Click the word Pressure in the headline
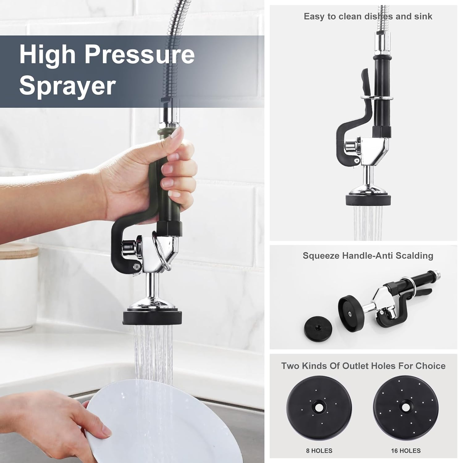pyautogui.click(x=140, y=55)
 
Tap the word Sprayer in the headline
pyautogui.click(x=67, y=86)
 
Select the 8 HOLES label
pyautogui.click(x=319, y=451)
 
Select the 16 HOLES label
pyautogui.click(x=405, y=451)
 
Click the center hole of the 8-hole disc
pyautogui.click(x=319, y=408)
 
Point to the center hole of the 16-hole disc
pyautogui.click(x=405, y=407)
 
